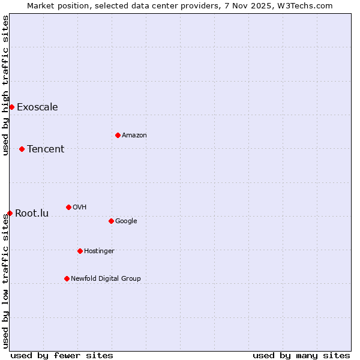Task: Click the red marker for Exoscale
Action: click(11, 107)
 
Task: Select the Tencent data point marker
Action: click(22, 149)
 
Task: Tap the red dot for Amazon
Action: click(118, 135)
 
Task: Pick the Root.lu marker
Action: click(10, 213)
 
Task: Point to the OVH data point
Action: click(68, 207)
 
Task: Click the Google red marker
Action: click(111, 221)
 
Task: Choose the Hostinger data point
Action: click(80, 251)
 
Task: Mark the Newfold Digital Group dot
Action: click(67, 278)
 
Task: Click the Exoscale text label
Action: click(37, 107)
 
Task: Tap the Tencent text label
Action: click(46, 149)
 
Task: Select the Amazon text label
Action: click(134, 136)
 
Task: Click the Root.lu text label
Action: click(32, 214)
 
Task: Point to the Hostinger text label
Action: click(99, 251)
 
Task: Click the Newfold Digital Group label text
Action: click(106, 278)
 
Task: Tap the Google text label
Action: click(126, 221)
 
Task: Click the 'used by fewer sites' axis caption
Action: click(62, 355)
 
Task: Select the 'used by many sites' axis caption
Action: click(301, 355)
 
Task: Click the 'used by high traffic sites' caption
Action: click(5, 85)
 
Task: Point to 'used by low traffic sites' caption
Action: click(5, 281)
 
